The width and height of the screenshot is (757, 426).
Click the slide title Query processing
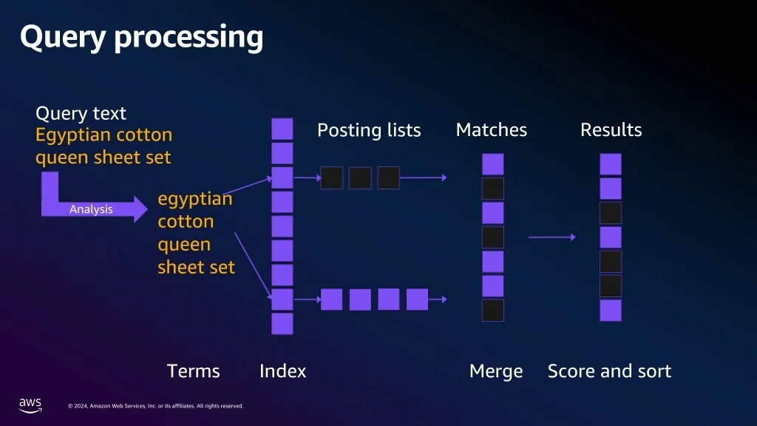click(141, 37)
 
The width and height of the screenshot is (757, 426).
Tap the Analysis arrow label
click(91, 209)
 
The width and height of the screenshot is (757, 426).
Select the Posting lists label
click(369, 130)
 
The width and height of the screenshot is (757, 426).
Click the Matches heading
click(492, 129)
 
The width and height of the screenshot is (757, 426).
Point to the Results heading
click(611, 129)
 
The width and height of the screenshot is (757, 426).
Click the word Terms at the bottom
click(193, 371)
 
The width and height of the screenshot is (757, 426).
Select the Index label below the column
click(283, 371)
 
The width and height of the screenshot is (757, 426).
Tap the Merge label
click(496, 371)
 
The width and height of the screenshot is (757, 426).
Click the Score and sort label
click(609, 371)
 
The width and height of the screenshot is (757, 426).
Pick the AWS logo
click(30, 405)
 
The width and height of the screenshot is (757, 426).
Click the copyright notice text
click(155, 406)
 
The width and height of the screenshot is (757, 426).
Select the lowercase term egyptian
click(195, 199)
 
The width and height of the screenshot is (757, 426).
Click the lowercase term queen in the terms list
click(184, 245)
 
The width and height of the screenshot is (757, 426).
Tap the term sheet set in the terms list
click(196, 267)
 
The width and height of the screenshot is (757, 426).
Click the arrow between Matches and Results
click(551, 237)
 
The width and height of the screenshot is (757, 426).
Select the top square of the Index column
click(282, 129)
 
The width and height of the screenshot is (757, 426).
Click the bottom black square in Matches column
click(493, 311)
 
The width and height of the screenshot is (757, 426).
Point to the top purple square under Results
click(611, 164)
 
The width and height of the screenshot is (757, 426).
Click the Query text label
click(81, 113)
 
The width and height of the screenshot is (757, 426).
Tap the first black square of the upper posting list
click(332, 177)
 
